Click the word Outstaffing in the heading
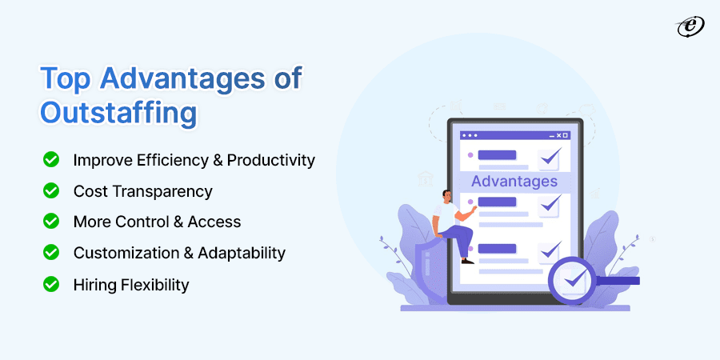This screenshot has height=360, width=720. [118, 111]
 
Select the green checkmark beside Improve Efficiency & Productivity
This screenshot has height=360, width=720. [51, 159]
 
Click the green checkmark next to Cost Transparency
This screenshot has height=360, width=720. [51, 190]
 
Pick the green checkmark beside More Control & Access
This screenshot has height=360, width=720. [51, 221]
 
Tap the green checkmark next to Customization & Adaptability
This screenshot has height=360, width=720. [51, 252]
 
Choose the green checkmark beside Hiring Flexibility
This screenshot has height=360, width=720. [51, 283]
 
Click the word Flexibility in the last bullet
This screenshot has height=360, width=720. [154, 284]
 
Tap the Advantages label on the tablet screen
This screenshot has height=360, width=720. [514, 181]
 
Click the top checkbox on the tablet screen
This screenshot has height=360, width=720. [550, 157]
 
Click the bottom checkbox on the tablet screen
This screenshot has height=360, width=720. [550, 250]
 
